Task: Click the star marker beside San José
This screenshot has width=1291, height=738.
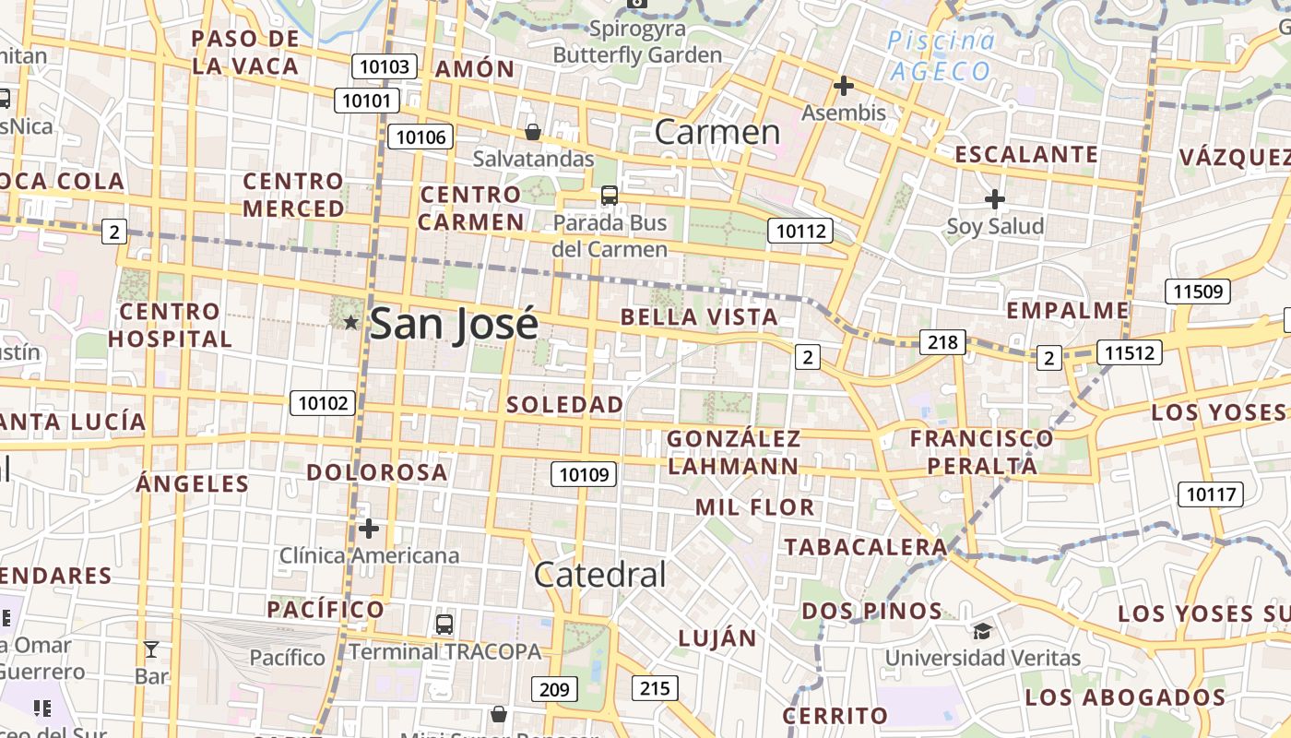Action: [x=350, y=322]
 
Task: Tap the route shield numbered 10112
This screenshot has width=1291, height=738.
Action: [x=799, y=231]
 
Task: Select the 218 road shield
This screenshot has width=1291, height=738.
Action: [x=942, y=343]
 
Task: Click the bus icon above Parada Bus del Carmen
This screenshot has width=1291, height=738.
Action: [x=609, y=195]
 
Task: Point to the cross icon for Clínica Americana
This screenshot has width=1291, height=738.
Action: [x=369, y=529]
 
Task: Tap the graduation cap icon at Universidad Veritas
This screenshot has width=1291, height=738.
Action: [x=982, y=632]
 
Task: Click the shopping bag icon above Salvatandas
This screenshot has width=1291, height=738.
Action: [x=533, y=132]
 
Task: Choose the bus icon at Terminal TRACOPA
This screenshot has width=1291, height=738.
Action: [x=444, y=625]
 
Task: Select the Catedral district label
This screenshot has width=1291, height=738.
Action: [x=599, y=575]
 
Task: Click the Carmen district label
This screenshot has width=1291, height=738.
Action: [x=717, y=132]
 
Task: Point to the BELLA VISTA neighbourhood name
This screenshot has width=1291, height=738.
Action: [x=699, y=317]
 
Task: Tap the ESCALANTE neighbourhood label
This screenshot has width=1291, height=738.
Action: [x=1026, y=154]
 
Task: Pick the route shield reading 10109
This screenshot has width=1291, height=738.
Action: [x=584, y=474]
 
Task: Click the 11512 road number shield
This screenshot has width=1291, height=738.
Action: [x=1129, y=351]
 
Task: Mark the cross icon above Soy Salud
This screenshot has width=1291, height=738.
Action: [x=994, y=199]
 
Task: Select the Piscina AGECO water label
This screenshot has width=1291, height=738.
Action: [x=941, y=55]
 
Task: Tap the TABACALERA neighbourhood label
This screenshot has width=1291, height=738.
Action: [x=865, y=547]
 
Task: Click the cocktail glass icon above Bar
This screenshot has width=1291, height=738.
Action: [x=151, y=649]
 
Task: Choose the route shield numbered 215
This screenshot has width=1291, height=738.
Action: [x=655, y=687]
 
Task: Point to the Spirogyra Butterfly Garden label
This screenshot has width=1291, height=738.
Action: [x=637, y=42]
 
